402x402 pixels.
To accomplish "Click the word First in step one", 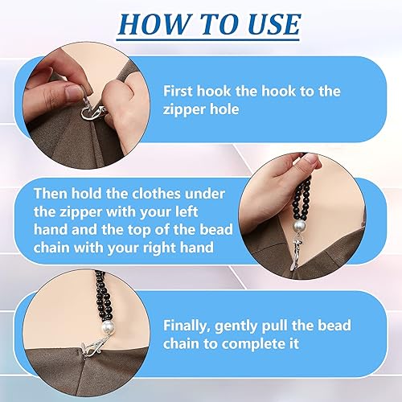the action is tap(178, 91).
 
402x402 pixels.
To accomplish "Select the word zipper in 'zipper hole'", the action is tap(184, 110).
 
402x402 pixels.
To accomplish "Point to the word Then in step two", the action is tap(51, 194).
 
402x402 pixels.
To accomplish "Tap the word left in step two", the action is tap(187, 211).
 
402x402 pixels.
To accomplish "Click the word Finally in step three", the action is tap(187, 326).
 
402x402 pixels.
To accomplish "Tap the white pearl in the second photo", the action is tap(299, 228).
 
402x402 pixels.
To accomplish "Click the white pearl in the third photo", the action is tap(109, 326).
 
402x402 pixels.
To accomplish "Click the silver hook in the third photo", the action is tap(94, 347).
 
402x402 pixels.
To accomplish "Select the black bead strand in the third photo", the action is tap(104, 295).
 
